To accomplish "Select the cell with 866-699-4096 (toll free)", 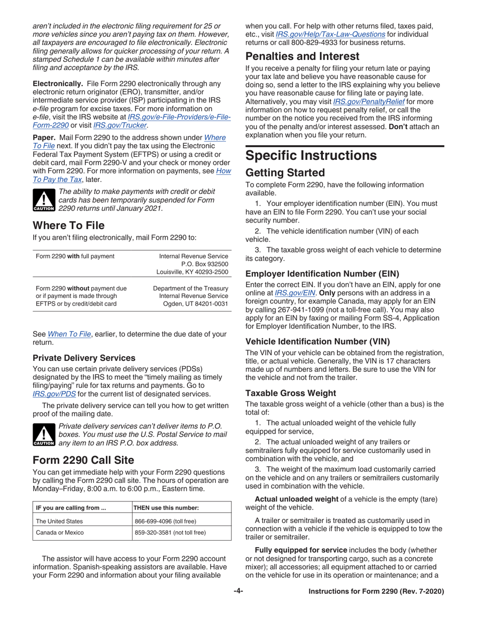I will point(165,521).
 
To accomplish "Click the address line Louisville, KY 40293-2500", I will point(192,272).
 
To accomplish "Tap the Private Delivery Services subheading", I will point(84,358).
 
